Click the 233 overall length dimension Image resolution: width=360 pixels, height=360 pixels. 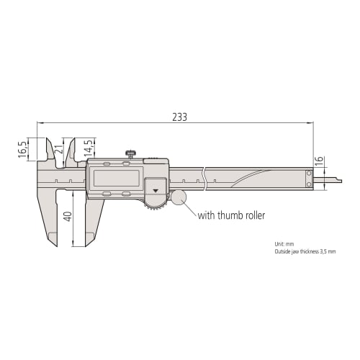point(179,117)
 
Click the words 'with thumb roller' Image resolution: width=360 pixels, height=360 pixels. point(230,215)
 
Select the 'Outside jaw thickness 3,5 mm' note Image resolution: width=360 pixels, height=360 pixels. point(305,251)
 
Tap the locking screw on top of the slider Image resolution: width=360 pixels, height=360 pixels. point(130,153)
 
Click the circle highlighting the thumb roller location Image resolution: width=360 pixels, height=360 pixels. point(178,197)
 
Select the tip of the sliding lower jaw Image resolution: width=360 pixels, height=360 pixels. point(89,244)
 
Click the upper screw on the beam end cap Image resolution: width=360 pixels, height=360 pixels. point(310,174)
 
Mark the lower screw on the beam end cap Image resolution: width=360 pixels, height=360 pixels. point(310,185)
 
